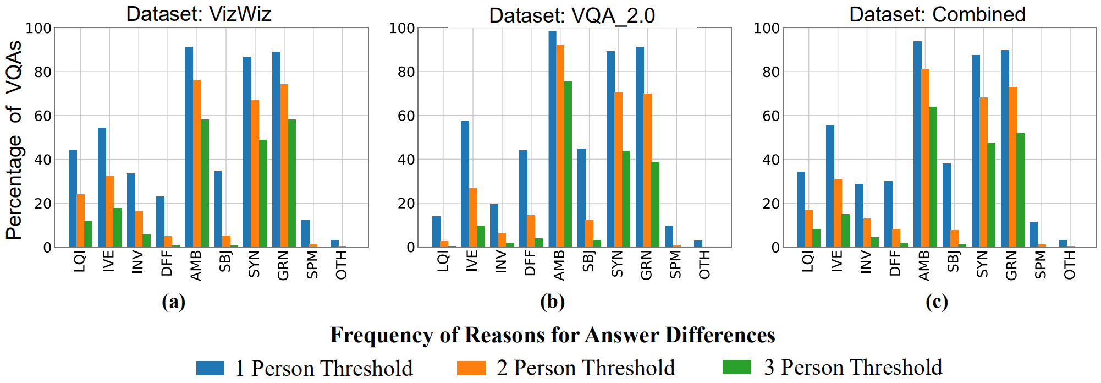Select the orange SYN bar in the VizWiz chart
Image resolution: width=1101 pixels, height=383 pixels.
pyautogui.click(x=255, y=173)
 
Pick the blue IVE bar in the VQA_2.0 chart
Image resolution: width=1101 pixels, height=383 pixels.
pyautogui.click(x=465, y=184)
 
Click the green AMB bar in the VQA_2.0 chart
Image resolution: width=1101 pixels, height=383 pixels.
pyautogui.click(x=568, y=165)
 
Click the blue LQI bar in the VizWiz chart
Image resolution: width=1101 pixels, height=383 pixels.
pyautogui.click(x=73, y=198)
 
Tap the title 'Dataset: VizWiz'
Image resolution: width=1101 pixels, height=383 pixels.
pyautogui.click(x=199, y=13)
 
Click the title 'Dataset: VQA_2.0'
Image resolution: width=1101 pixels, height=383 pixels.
pyautogui.click(x=572, y=15)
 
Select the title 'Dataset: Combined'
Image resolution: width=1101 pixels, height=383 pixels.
pyautogui.click(x=937, y=14)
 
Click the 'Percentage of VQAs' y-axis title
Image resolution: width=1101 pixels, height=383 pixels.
pyautogui.click(x=14, y=140)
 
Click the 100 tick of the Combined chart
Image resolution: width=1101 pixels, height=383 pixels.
pyautogui.click(x=767, y=28)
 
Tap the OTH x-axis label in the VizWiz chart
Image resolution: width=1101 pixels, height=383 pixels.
pyautogui.click(x=341, y=265)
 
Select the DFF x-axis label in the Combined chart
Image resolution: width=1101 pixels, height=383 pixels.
pyautogui.click(x=895, y=263)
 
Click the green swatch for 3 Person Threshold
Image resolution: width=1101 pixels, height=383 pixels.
pyautogui.click(x=736, y=367)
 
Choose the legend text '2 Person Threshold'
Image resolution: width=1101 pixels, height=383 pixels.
pyautogui.click(x=585, y=368)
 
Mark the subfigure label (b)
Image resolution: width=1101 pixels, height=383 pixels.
pyautogui.click(x=552, y=302)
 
